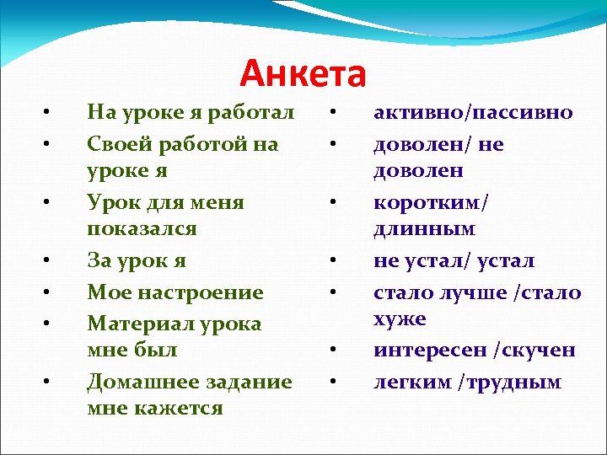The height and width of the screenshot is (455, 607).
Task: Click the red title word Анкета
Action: pyautogui.click(x=303, y=74)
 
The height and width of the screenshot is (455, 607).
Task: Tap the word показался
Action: pyautogui.click(x=142, y=229)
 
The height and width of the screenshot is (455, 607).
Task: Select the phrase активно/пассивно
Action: pyautogui.click(x=473, y=113)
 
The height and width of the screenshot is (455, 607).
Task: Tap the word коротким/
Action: pyautogui.click(x=431, y=203)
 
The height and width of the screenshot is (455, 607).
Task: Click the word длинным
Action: pyautogui.click(x=425, y=229)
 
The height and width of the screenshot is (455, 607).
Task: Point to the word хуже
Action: pyautogui.click(x=400, y=319)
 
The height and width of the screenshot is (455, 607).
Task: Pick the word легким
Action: pyautogui.click(x=413, y=382)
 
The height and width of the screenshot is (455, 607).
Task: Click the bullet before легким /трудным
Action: pyautogui.click(x=334, y=383)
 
